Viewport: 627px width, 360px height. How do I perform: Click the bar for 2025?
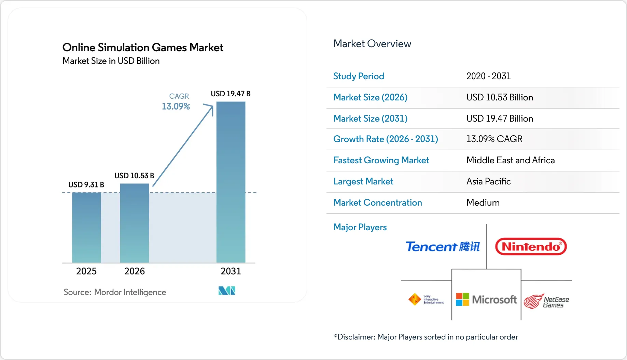click(x=86, y=227)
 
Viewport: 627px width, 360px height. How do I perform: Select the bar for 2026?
click(x=135, y=223)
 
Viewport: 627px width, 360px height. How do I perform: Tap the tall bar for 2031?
click(x=231, y=182)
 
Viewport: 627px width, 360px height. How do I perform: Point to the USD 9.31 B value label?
click(x=86, y=185)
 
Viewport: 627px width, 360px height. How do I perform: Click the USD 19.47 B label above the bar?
click(x=231, y=94)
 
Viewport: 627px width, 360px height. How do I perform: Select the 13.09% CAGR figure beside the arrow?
click(x=176, y=107)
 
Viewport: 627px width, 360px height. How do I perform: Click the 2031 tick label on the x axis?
click(x=231, y=271)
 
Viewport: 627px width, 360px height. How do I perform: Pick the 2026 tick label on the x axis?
click(x=135, y=271)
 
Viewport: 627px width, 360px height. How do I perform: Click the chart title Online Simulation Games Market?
click(x=143, y=47)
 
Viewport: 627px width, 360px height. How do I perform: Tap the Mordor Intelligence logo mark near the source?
click(x=227, y=291)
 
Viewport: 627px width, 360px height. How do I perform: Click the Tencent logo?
click(x=443, y=247)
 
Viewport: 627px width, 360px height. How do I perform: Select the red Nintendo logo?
click(x=531, y=247)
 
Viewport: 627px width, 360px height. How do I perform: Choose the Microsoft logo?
click(x=486, y=300)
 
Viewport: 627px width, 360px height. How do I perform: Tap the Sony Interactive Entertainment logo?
click(x=426, y=300)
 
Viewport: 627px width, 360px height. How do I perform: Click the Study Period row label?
click(x=359, y=76)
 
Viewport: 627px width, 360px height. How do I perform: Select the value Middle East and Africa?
click(x=511, y=160)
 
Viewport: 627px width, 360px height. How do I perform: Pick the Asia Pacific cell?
click(x=489, y=181)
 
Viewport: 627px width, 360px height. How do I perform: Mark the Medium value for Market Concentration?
click(x=483, y=203)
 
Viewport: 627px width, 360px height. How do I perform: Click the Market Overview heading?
click(x=372, y=44)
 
